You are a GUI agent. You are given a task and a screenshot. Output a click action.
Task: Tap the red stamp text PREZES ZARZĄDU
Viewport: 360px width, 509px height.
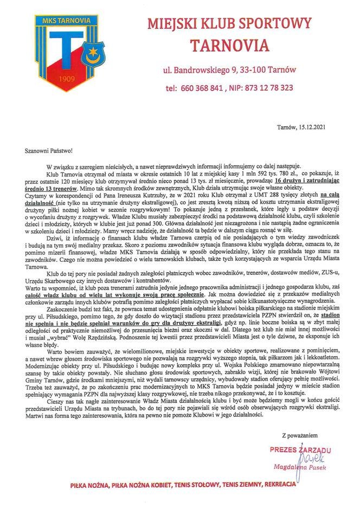click(x=300, y=449)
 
